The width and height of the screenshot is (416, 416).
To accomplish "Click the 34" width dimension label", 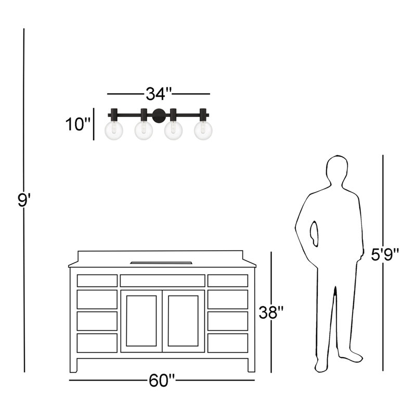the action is click(x=159, y=94).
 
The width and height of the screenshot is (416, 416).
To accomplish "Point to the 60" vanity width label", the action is click(x=162, y=380).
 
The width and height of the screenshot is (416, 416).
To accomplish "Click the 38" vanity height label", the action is click(x=271, y=313).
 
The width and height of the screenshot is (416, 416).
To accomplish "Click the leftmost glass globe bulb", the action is click(x=114, y=131).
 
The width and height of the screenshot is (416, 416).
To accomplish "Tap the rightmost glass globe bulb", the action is click(x=203, y=131).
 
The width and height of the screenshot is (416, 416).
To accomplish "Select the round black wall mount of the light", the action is click(x=159, y=116).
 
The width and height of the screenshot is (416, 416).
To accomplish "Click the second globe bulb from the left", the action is click(x=144, y=131).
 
